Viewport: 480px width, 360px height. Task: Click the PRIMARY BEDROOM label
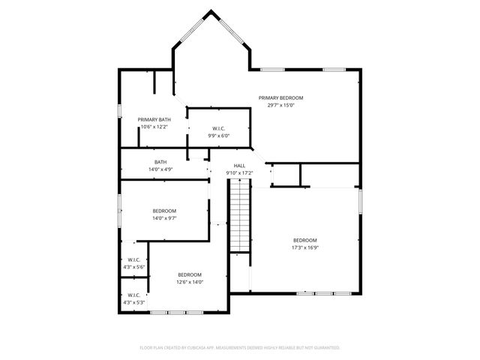280,97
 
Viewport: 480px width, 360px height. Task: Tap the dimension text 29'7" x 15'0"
280,105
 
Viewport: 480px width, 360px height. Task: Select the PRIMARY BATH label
154,119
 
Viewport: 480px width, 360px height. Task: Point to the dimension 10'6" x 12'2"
154,127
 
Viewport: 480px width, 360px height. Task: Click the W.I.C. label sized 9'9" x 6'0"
218,128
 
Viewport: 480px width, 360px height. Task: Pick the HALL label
239,166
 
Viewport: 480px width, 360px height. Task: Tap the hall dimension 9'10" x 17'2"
239,173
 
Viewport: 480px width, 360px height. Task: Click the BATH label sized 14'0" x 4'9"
160,162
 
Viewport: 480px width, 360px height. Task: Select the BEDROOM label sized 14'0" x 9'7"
164,211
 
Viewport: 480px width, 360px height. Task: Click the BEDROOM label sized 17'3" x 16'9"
305,240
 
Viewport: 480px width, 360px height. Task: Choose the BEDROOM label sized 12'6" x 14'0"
189,274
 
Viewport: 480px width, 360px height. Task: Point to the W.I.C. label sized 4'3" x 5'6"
135,259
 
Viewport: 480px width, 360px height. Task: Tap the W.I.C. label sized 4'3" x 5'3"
135,295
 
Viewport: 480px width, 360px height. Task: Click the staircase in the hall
239,217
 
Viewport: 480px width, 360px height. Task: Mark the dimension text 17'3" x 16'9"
305,247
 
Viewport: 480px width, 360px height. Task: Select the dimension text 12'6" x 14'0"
189,282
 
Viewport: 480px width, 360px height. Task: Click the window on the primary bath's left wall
118,110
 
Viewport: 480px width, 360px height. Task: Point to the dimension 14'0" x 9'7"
164,218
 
